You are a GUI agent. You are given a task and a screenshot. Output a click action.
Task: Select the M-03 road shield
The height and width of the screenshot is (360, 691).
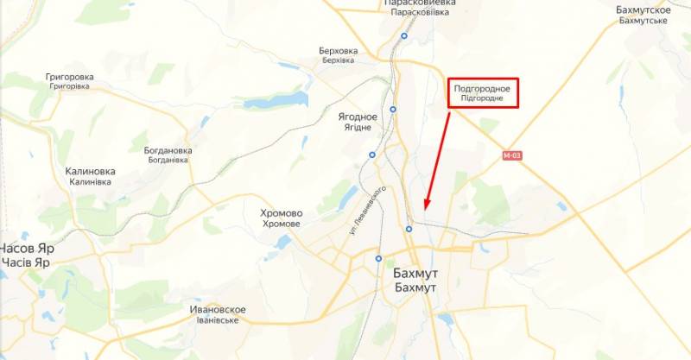[513, 155]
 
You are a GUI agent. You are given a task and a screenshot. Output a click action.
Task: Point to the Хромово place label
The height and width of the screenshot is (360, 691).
[281, 218]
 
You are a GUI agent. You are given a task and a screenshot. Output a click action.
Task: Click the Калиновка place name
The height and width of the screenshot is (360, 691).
[91, 176]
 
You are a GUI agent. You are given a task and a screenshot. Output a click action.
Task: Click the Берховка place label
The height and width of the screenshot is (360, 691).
[338, 55]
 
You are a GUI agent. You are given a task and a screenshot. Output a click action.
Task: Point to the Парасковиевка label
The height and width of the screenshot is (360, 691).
[419, 8]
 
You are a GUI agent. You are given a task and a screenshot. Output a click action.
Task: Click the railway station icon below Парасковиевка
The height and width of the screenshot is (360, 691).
[404, 36]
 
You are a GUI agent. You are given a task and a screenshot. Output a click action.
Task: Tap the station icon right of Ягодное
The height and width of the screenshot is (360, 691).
[393, 110]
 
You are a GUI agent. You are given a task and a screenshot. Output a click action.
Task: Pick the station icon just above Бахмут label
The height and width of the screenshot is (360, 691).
[409, 229]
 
